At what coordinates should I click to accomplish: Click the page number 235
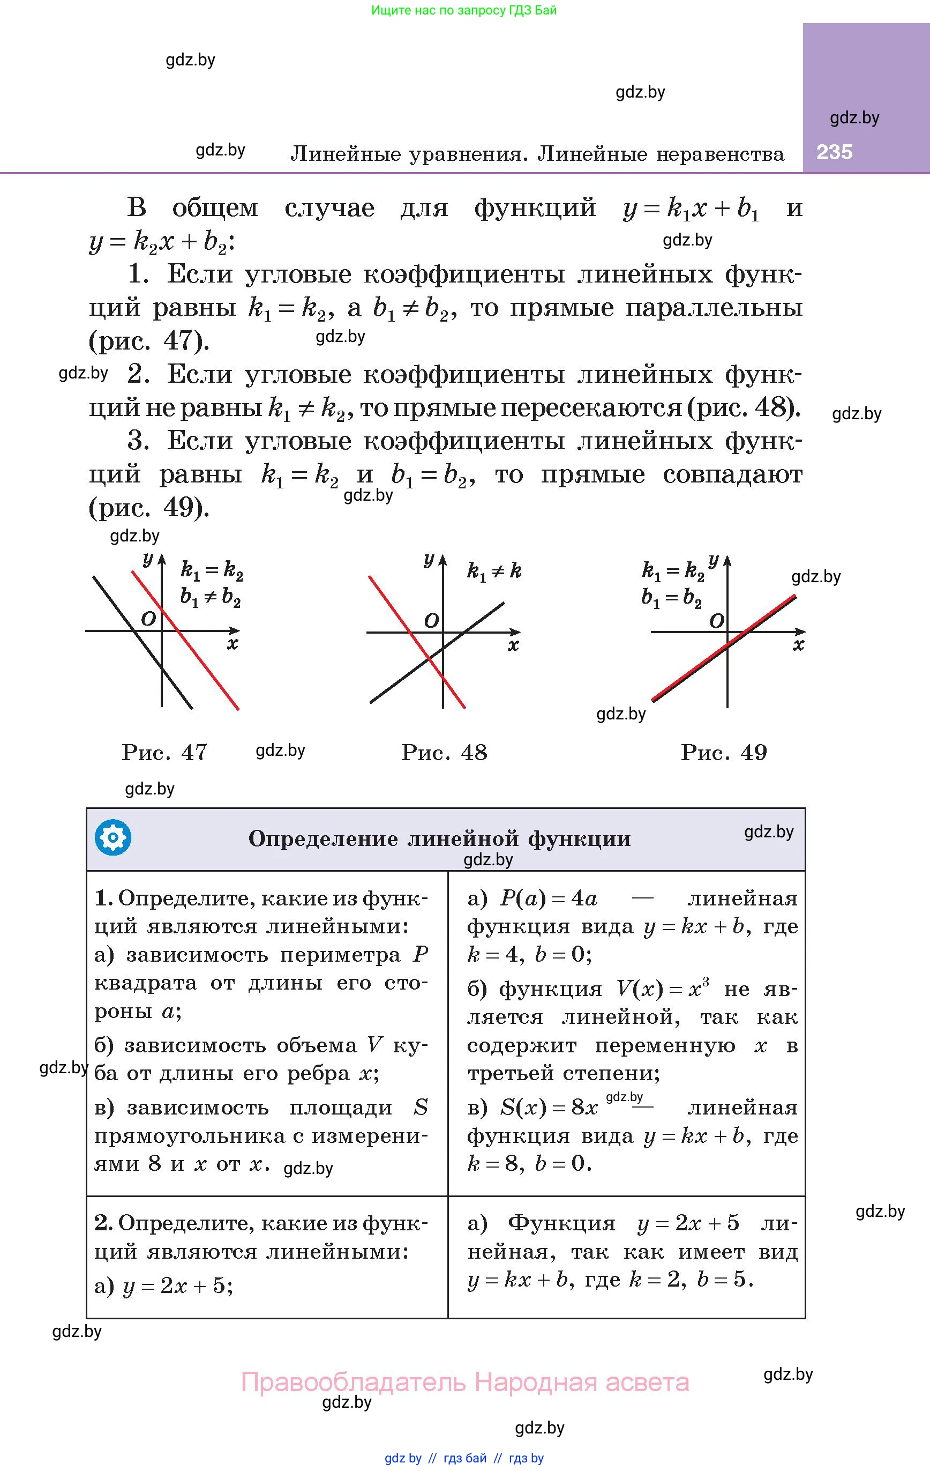click(x=834, y=152)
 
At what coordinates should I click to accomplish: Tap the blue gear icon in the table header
click(x=113, y=837)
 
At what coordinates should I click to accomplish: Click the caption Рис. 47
click(x=164, y=752)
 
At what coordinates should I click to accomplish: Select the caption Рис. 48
click(x=444, y=752)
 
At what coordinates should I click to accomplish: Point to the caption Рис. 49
click(x=724, y=752)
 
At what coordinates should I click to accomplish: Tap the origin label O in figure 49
click(x=716, y=621)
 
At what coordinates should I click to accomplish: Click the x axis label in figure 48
click(x=513, y=645)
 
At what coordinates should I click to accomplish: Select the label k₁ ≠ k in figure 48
click(x=494, y=571)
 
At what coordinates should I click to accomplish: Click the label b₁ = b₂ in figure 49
click(x=671, y=597)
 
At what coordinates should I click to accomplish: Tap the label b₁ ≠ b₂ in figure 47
click(x=210, y=597)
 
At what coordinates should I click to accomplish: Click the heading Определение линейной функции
click(x=440, y=839)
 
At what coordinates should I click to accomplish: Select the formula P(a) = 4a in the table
click(x=549, y=898)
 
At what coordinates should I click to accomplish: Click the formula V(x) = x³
click(x=663, y=989)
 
